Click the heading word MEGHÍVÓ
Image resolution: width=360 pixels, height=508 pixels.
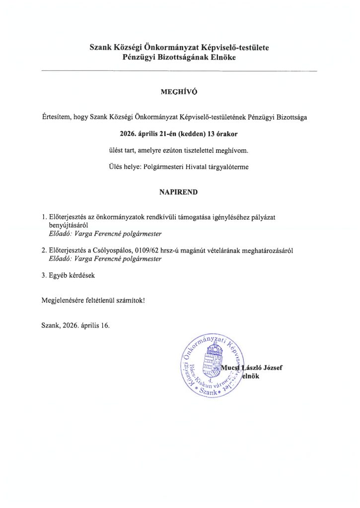180,92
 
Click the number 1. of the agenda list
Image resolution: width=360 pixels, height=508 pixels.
45,217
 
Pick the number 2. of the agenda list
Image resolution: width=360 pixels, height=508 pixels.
45,251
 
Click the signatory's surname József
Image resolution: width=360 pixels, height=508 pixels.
271,368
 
